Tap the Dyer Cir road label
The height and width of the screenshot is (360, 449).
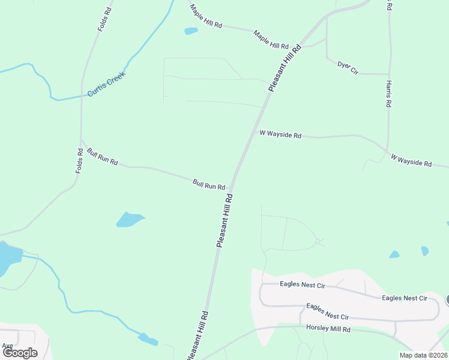348,67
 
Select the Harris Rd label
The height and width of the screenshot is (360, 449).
389,93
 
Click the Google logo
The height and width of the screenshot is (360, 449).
20,352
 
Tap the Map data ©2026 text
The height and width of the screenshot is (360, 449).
423,355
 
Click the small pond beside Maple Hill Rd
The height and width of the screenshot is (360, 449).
191,31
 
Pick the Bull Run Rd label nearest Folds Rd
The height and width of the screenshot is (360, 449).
103,157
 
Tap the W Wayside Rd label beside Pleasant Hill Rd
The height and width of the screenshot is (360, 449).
280,134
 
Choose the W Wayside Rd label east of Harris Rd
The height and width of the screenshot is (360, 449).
411,160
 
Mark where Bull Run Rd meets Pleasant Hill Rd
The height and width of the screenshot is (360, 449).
232,185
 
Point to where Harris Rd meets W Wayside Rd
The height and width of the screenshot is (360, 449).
387,149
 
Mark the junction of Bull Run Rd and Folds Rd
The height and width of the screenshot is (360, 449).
81,142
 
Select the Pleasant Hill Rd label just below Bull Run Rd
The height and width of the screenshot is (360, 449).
224,220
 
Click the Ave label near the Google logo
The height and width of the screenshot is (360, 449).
7,346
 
